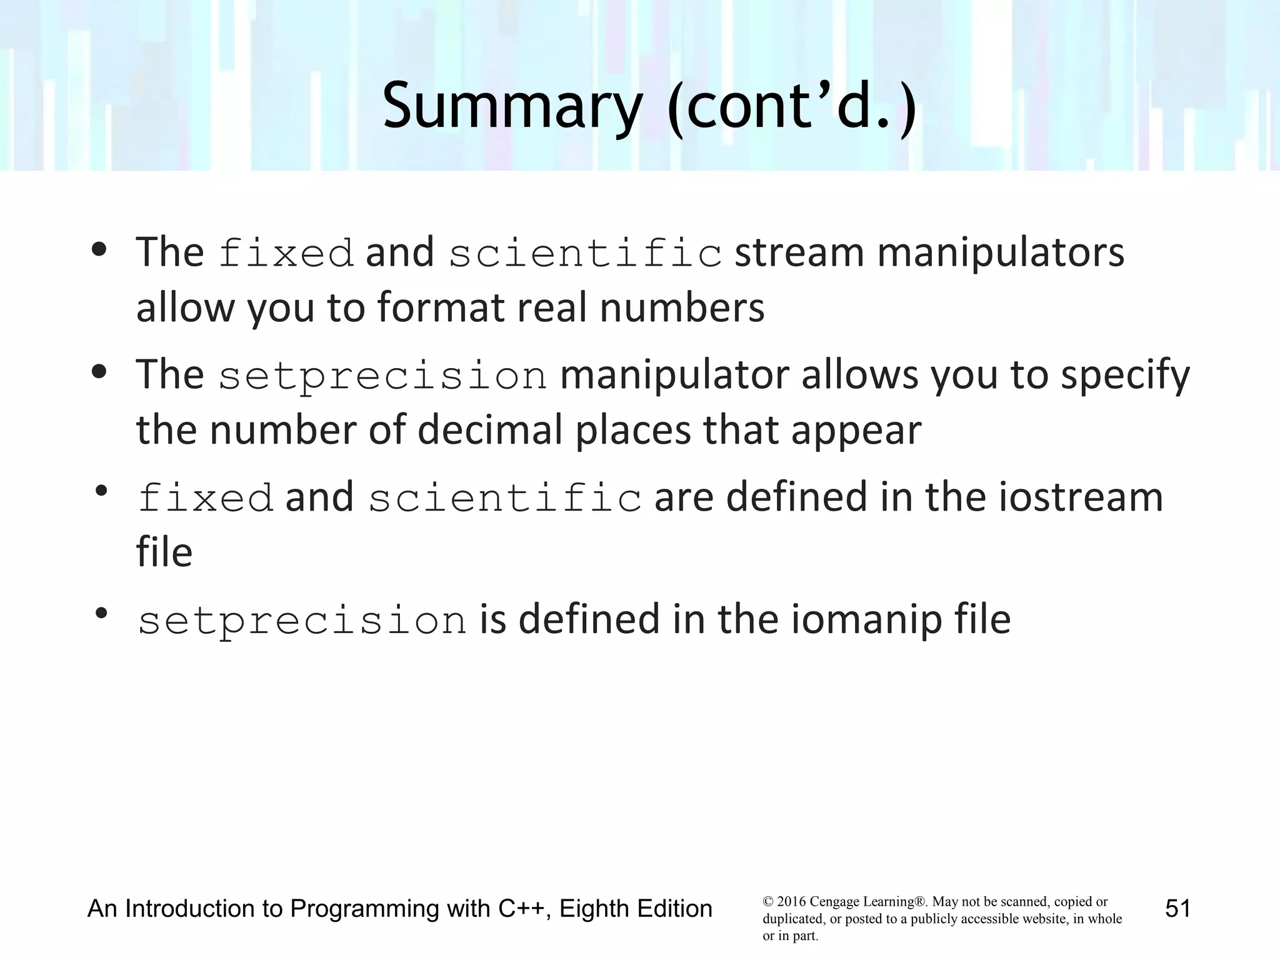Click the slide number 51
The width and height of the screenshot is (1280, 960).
1177,908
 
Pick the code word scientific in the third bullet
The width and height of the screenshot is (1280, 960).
504,499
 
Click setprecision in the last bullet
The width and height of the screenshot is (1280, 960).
302,621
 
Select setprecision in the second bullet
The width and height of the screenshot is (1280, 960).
382,376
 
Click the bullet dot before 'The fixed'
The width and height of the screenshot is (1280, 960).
99,251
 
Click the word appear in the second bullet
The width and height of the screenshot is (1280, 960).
856,432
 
